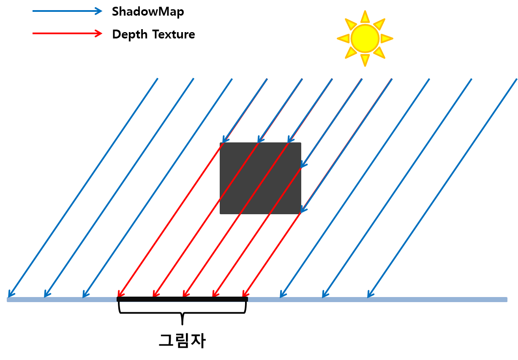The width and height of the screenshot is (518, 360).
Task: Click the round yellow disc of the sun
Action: point(365,38)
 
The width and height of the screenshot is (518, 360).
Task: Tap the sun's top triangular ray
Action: point(365,17)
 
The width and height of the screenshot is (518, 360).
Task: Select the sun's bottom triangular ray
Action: point(365,60)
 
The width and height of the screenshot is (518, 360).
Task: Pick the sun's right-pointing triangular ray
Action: point(386,38)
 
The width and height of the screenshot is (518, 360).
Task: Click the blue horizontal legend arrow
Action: point(67,11)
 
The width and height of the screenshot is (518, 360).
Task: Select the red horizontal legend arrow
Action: point(67,33)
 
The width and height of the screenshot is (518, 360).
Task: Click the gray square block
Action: point(260,178)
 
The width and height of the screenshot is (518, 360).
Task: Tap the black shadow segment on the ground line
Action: point(182,299)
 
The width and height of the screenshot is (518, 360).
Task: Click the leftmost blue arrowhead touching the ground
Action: point(11,294)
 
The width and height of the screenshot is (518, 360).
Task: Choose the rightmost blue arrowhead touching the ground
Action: point(370,295)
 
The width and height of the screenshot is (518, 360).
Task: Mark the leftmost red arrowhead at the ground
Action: point(120,294)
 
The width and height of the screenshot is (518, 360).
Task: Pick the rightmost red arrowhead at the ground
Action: point(244,294)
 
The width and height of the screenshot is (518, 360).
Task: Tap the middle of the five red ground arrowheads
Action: point(185,294)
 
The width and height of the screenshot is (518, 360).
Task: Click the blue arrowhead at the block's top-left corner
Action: point(225,140)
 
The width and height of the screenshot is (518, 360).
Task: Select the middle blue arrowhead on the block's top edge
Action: point(260,140)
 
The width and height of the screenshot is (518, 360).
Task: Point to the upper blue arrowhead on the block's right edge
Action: point(303,164)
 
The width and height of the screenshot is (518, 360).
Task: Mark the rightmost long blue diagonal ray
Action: point(444,186)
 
